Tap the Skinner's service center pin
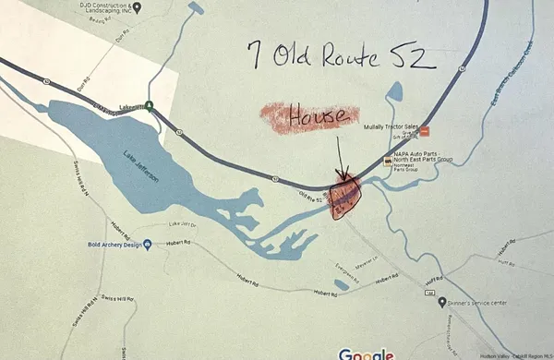click(x=443, y=302)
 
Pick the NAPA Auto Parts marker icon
click(x=387, y=162)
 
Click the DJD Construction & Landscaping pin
click(x=137, y=7)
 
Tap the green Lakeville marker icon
click(x=149, y=107)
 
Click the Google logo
click(x=367, y=353)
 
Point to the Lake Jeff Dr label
click(x=183, y=224)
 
